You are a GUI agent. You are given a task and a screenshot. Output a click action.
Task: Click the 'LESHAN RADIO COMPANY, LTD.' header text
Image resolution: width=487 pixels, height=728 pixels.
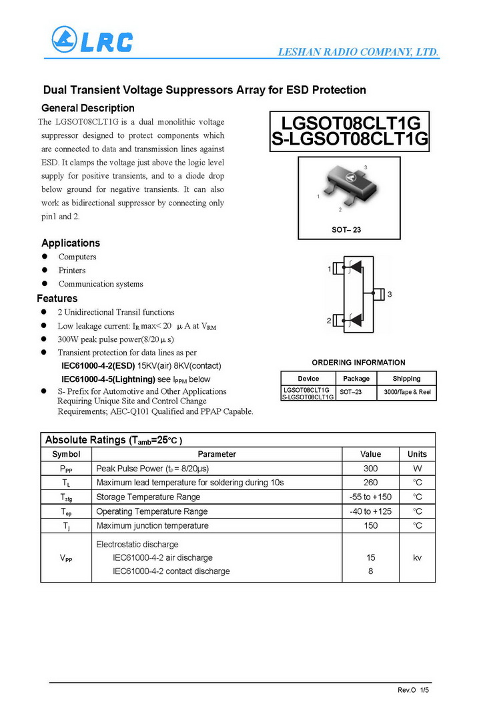click(x=357, y=53)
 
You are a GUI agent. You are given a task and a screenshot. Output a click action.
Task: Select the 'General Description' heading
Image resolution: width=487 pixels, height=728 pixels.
click(x=88, y=108)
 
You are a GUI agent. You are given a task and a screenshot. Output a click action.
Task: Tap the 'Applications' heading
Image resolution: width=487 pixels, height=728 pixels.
click(x=71, y=243)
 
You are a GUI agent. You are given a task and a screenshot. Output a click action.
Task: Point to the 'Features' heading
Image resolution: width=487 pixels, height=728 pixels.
click(x=57, y=298)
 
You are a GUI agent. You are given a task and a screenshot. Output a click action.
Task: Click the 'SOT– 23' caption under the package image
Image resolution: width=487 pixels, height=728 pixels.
click(x=346, y=229)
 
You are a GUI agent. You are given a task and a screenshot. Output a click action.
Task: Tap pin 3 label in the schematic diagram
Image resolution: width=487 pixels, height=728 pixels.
click(x=389, y=294)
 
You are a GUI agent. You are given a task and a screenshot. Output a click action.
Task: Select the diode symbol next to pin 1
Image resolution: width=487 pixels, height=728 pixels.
click(x=355, y=267)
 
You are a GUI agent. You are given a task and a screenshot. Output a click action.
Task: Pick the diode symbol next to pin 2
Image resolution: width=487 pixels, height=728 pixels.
click(x=355, y=319)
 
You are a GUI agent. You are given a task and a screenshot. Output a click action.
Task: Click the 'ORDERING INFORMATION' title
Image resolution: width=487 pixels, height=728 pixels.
click(x=358, y=363)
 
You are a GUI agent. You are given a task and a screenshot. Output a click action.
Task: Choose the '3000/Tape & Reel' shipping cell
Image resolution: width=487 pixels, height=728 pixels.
click(x=407, y=392)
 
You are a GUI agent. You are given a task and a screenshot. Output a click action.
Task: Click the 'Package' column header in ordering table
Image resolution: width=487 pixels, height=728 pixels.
click(x=356, y=378)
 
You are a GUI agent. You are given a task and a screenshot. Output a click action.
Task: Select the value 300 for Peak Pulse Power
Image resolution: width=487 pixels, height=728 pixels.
click(x=371, y=468)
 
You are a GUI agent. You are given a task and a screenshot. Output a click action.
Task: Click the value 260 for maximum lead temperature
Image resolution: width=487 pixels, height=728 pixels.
click(x=371, y=482)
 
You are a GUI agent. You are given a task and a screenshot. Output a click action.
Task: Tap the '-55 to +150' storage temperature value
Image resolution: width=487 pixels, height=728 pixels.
click(x=371, y=497)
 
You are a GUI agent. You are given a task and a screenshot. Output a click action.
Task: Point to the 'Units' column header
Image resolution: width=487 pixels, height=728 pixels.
click(x=417, y=454)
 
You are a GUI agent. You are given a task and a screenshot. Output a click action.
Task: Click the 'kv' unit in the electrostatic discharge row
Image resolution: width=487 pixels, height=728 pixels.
click(x=417, y=557)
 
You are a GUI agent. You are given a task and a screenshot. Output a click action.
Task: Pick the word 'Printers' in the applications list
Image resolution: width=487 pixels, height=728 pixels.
click(x=72, y=270)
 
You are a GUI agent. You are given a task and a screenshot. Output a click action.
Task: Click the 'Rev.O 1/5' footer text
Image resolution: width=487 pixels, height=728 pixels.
click(x=414, y=690)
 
